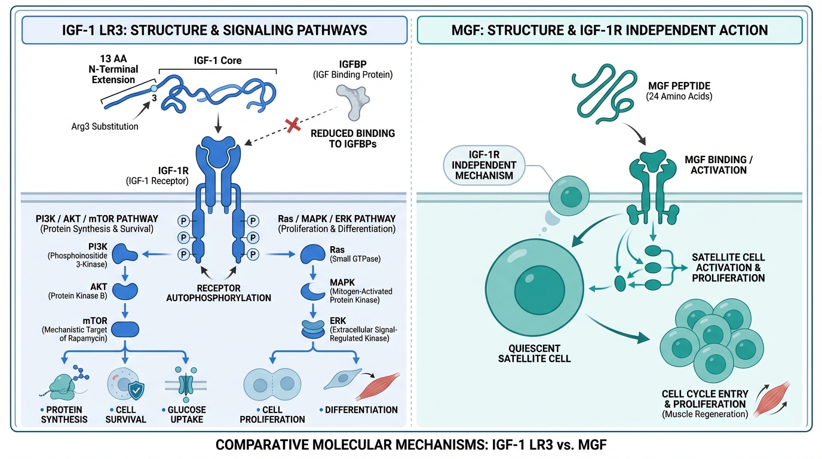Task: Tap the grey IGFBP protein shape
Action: pos(352,99)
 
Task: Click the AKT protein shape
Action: pos(125,291)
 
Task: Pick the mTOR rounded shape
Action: pos(125,328)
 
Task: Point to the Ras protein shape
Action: pos(312,254)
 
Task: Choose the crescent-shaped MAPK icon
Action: pos(312,290)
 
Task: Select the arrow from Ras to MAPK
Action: pos(312,273)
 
